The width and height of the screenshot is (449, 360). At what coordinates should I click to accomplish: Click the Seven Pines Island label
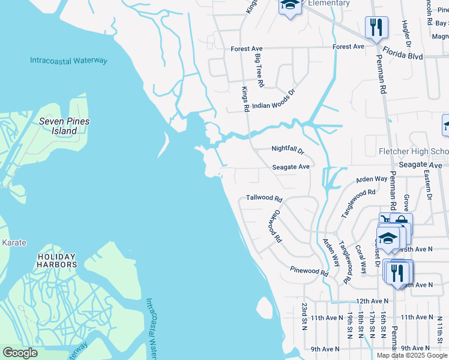[x=64, y=126]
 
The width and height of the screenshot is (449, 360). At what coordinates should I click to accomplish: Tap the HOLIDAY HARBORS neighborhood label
[x=57, y=260]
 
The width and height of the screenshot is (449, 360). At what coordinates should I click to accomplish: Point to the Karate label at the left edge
[x=14, y=242]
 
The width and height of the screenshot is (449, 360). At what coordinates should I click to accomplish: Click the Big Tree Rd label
[x=259, y=70]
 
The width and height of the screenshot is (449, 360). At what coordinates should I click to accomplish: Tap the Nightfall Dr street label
[x=288, y=149]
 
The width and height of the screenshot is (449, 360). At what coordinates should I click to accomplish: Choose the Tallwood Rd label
[x=264, y=198]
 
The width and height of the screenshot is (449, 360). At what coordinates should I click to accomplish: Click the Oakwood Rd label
[x=275, y=225]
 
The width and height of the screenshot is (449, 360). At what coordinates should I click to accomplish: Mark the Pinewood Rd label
[x=309, y=271]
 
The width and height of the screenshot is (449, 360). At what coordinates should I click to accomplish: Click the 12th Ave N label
[x=372, y=301]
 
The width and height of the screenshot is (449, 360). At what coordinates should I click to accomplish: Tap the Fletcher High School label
[x=414, y=151]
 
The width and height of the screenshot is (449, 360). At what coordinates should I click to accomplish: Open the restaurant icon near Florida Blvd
[x=376, y=27]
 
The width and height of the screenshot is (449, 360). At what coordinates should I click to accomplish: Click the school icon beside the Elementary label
[x=289, y=6]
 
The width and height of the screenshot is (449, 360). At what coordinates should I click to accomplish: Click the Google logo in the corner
[x=20, y=353]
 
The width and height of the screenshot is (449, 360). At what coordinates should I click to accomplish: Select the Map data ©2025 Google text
[x=412, y=355]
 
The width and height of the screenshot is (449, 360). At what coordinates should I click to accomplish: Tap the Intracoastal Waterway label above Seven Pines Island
[x=68, y=61]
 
